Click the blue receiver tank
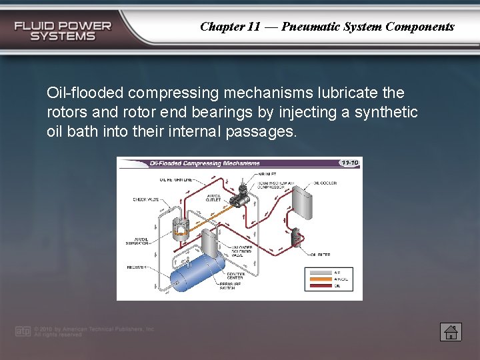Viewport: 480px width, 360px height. tap(196, 273)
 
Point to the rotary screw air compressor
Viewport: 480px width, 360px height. tap(239, 193)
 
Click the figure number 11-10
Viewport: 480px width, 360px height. tap(349, 163)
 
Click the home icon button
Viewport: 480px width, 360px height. tap(451, 331)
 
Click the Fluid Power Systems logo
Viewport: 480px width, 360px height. tap(63, 31)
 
